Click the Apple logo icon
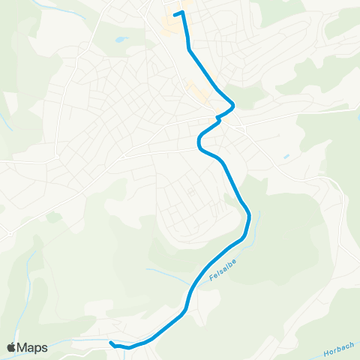click(x=11, y=347)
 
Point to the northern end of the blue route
click(x=175, y=13)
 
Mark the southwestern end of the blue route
click(x=111, y=343)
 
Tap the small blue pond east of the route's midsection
click(x=286, y=157)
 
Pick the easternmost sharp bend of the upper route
click(x=234, y=103)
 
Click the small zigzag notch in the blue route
click(x=218, y=118)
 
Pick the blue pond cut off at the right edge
click(x=357, y=109)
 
